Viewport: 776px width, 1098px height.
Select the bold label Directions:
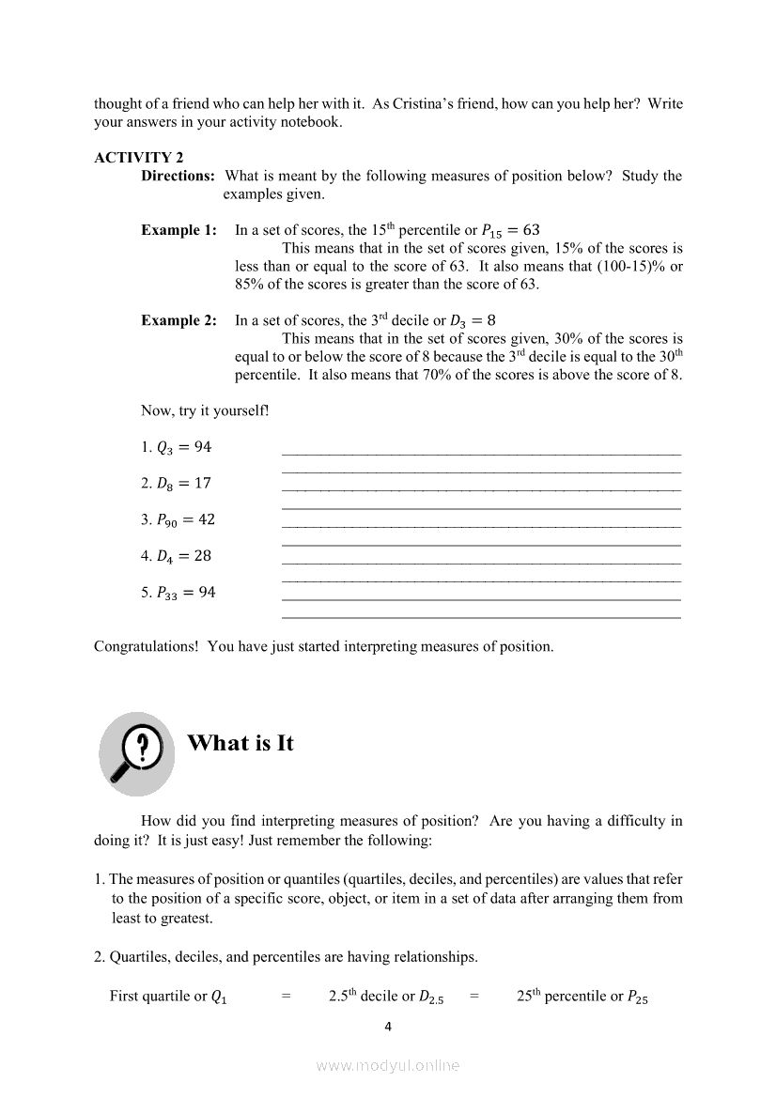coord(178,176)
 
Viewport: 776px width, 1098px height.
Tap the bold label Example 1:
coord(178,230)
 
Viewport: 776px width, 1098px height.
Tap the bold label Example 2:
coord(178,320)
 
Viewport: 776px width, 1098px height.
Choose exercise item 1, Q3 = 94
coord(177,447)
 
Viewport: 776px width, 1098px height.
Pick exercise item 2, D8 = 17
coord(177,484)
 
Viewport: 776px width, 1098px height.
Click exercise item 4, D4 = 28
coord(177,556)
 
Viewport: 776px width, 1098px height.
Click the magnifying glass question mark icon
coord(137,752)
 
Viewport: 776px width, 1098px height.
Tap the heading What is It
coord(241,743)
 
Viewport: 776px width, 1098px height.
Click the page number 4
coord(388,1027)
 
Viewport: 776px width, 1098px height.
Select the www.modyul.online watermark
coord(388,1065)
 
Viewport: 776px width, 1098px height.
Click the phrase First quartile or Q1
coord(168,997)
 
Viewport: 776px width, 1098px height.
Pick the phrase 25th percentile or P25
coord(582,997)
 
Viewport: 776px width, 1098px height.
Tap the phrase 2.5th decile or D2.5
coord(386,997)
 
